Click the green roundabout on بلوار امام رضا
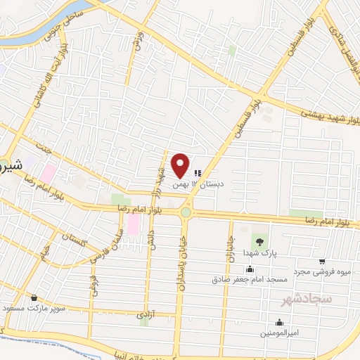click(186, 212)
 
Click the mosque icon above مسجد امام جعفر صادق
click(250, 269)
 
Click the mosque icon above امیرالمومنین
click(279, 323)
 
